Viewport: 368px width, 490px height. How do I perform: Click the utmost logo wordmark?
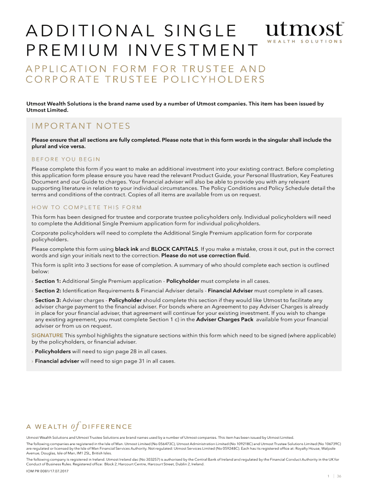304,29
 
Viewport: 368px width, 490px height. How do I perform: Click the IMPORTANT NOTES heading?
81,126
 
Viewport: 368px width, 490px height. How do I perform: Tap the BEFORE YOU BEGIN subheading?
66,159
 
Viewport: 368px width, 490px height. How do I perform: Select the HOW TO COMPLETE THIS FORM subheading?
87,207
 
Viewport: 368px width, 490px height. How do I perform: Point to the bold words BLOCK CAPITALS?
174,249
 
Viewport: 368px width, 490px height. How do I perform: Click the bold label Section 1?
48,281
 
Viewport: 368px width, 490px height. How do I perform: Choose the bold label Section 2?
48,290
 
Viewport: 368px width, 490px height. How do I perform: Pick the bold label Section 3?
48,301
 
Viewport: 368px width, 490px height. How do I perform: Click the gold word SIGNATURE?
47,335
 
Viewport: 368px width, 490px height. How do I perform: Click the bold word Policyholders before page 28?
53,351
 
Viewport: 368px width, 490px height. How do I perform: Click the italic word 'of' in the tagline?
75,426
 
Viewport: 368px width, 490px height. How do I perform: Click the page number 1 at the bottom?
328,476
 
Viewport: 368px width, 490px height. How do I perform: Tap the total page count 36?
339,476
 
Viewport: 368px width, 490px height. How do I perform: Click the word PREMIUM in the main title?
66,50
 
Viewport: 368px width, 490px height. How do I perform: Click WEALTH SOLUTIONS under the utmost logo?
304,42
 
